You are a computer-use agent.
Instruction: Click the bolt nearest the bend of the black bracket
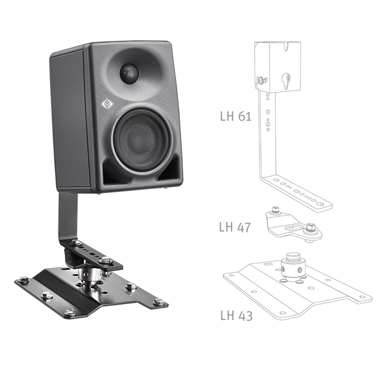click(76, 242)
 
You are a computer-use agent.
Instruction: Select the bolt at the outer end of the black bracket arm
click(106, 260)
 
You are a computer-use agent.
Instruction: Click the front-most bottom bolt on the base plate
click(70, 312)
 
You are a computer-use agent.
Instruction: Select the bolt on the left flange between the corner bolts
click(47, 295)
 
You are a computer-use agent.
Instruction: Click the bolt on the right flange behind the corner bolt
click(131, 287)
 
